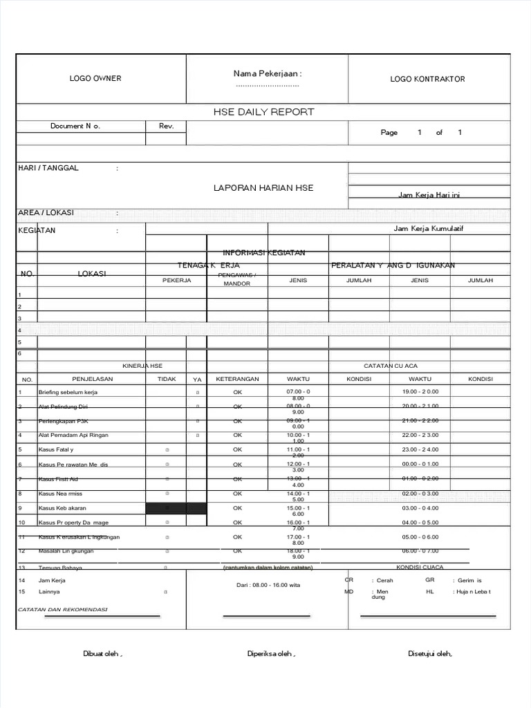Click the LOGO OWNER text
95,79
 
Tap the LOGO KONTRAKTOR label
427,79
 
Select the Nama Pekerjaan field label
268,74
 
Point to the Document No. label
75,127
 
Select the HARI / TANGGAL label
48,168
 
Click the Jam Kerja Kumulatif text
428,229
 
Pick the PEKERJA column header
176,281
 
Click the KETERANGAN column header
237,380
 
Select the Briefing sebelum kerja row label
68,392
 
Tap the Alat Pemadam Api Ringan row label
73,435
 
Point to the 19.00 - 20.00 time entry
420,392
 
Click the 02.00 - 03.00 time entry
420,494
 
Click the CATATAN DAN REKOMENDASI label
62,610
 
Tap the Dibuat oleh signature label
103,654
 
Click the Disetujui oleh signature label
429,654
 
